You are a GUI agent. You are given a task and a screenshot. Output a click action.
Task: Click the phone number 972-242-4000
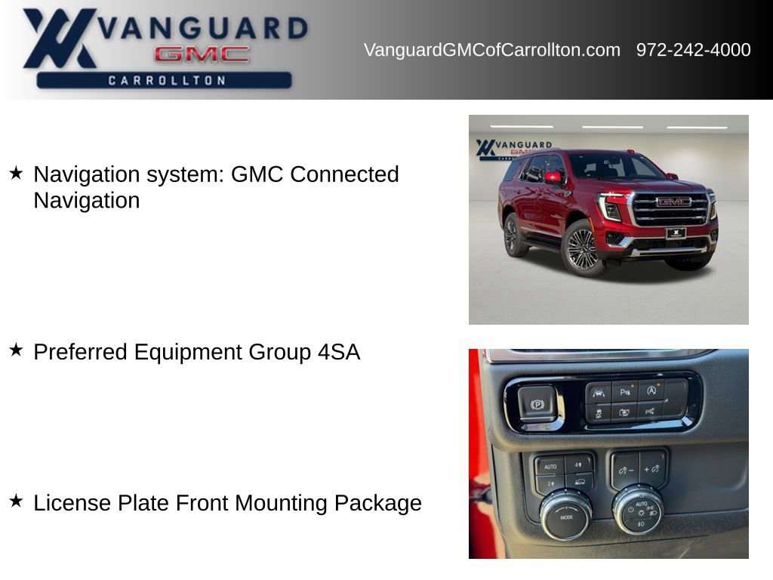click(x=693, y=50)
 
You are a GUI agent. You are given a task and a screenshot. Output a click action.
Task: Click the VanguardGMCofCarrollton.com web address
click(x=491, y=50)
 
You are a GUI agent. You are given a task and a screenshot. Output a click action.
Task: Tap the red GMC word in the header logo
click(x=202, y=54)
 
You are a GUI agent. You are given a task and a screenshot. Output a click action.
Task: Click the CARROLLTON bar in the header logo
click(x=165, y=80)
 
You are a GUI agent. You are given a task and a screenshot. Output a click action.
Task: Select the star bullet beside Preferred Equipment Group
click(x=16, y=350)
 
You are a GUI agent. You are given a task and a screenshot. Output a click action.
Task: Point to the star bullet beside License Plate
click(x=16, y=501)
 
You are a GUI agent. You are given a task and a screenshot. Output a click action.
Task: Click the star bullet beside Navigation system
click(x=16, y=173)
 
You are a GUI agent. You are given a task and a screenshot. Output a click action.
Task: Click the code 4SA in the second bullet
click(x=339, y=352)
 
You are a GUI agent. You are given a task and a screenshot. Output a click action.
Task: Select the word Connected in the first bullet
click(x=344, y=174)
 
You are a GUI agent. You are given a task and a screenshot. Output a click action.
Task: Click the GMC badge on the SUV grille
click(x=673, y=202)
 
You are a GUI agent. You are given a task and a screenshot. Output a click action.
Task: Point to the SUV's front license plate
click(x=676, y=233)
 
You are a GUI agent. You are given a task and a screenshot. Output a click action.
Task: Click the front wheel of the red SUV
click(x=582, y=248)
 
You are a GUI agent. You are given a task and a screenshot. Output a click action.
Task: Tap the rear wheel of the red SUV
click(x=516, y=235)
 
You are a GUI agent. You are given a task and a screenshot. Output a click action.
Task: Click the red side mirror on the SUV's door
click(x=553, y=178)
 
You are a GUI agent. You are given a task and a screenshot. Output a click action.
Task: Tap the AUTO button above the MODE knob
click(x=550, y=466)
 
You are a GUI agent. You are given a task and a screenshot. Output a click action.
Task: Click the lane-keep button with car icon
click(x=598, y=393)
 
